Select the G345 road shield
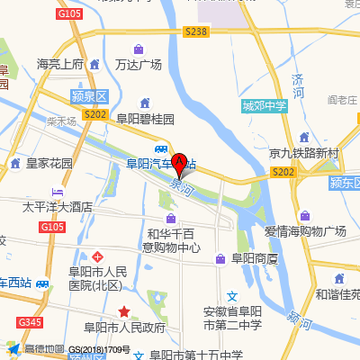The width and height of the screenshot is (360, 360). (30, 322)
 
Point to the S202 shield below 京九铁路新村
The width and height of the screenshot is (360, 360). (283, 171)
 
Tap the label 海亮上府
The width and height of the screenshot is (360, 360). (59, 65)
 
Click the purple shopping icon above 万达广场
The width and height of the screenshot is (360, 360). (138, 49)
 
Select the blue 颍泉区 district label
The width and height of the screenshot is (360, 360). (88, 95)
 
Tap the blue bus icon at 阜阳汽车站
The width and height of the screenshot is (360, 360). (160, 148)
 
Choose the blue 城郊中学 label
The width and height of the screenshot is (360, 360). (264, 106)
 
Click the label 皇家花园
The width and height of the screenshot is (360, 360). (49, 164)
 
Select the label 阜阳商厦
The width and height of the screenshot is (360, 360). (256, 259)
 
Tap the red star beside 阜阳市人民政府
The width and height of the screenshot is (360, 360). (124, 311)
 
